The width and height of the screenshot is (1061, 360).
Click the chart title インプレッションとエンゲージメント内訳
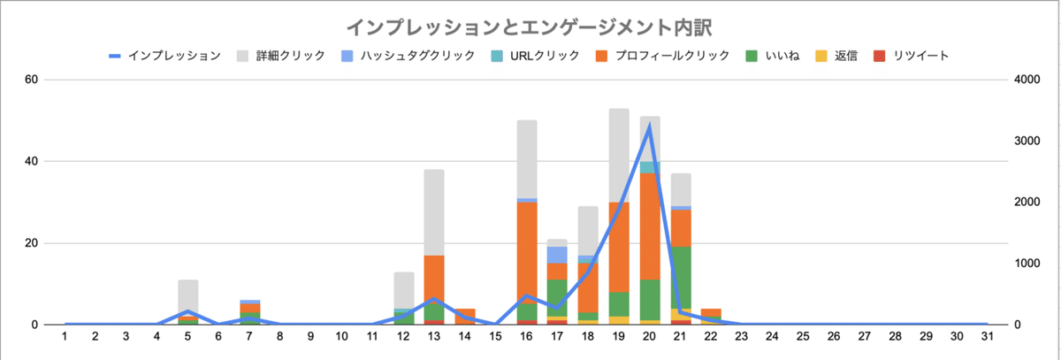tap(530, 26)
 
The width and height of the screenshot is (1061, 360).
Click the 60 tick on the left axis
tap(31, 80)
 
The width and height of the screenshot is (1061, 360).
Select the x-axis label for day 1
tap(65, 337)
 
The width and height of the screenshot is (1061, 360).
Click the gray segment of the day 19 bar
tap(619, 156)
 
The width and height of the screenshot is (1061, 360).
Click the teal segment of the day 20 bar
tap(650, 167)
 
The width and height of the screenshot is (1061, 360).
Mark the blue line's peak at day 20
tap(650, 126)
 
